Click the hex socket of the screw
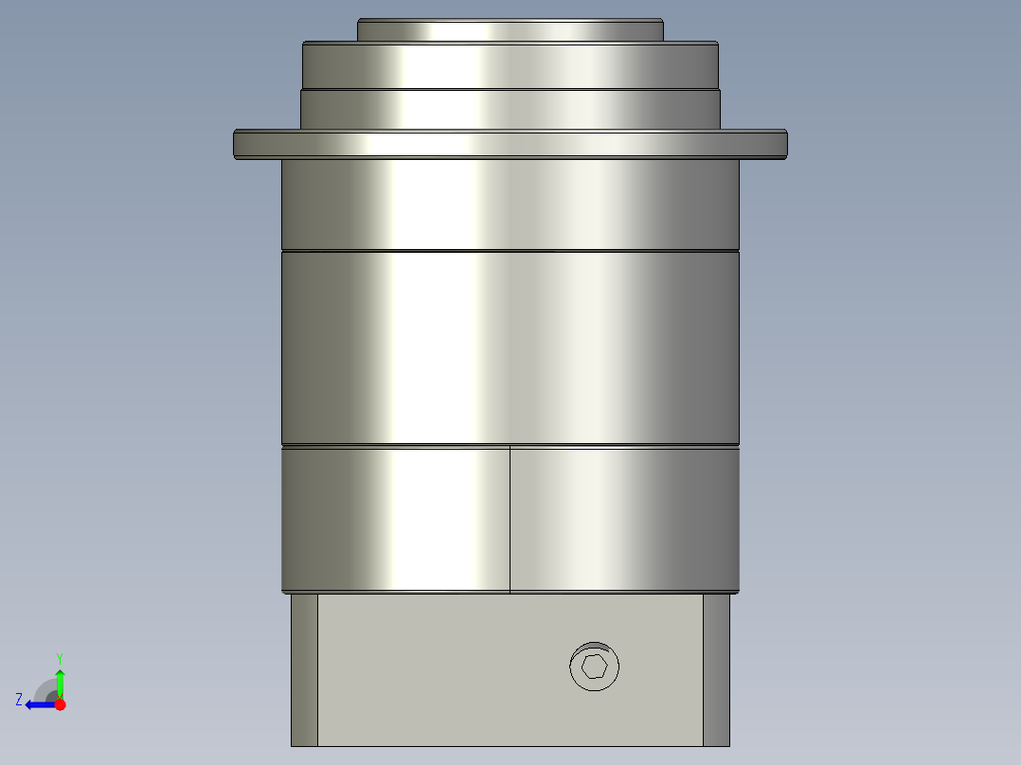[x=595, y=667]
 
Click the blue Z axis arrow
[x=38, y=704]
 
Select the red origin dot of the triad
[x=60, y=704]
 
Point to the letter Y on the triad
[x=59, y=657]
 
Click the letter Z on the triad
[x=19, y=699]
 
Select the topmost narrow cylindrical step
[x=510, y=30]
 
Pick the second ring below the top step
[x=510, y=65]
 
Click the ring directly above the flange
[x=510, y=109]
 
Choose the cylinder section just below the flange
[x=510, y=204]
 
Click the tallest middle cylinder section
[x=510, y=347]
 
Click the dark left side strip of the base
[x=304, y=669]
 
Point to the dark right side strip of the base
[x=716, y=669]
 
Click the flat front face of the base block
[x=445, y=669]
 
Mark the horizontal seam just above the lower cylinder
[x=510, y=445]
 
